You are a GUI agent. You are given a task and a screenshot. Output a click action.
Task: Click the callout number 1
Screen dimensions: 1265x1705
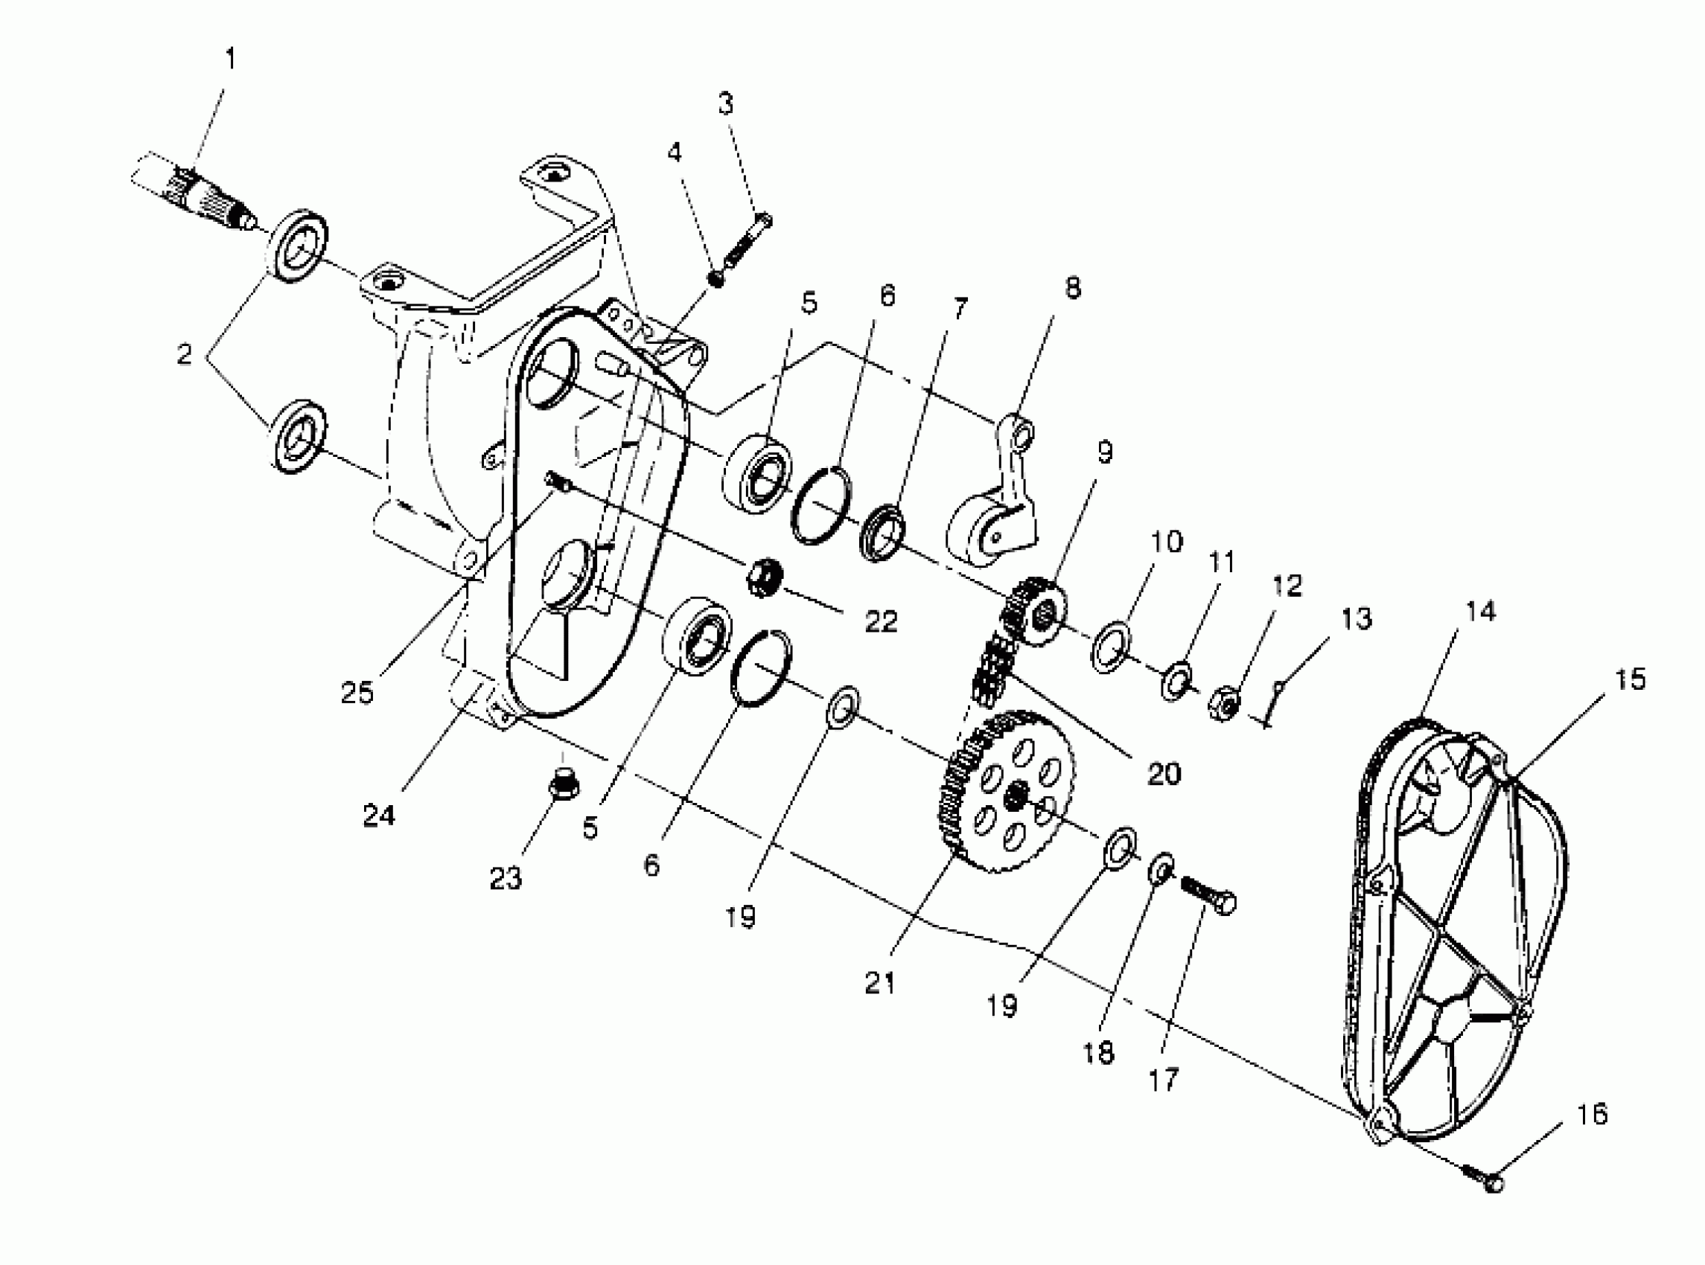(x=230, y=59)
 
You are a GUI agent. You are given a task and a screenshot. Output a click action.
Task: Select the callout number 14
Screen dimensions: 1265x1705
(x=1481, y=611)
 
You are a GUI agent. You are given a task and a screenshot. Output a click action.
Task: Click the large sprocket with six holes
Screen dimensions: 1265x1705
(x=1011, y=792)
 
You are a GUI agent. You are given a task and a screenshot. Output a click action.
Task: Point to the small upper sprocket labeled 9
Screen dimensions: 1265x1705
(x=1034, y=610)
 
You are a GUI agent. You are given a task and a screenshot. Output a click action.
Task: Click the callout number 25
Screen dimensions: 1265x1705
(x=357, y=693)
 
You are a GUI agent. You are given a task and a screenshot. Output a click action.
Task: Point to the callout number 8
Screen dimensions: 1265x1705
(x=1072, y=289)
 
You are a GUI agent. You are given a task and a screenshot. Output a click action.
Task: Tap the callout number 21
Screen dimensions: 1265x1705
(x=879, y=983)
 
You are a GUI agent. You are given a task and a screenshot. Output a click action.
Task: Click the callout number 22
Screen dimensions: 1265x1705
(x=881, y=622)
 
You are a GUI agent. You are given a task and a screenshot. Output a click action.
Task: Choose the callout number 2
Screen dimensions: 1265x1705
(x=184, y=354)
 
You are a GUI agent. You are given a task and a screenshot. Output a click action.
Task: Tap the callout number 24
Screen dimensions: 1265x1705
(x=378, y=816)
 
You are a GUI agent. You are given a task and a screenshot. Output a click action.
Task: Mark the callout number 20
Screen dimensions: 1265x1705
(x=1163, y=774)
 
